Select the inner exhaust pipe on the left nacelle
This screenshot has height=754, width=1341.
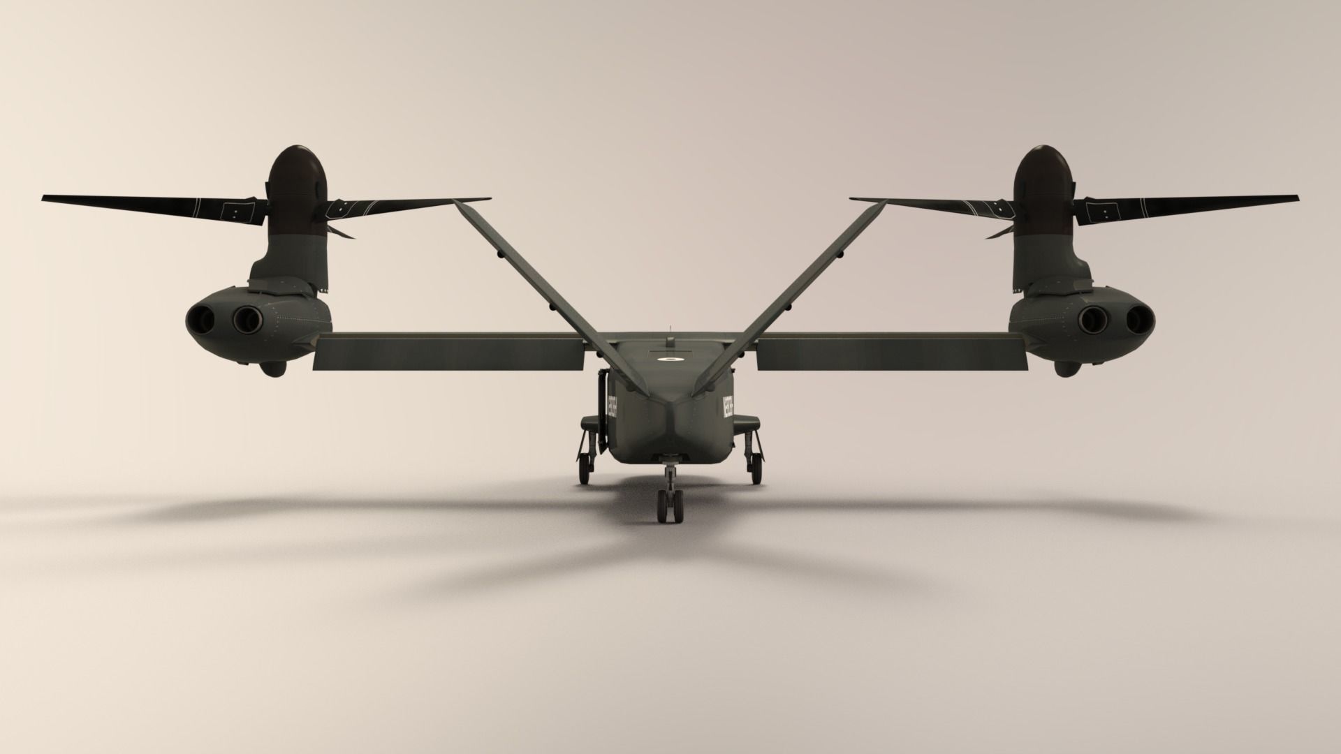247,320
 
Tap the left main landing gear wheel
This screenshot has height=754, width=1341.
585,469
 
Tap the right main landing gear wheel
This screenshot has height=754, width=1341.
756,469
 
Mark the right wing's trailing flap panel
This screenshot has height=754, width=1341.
891,352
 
